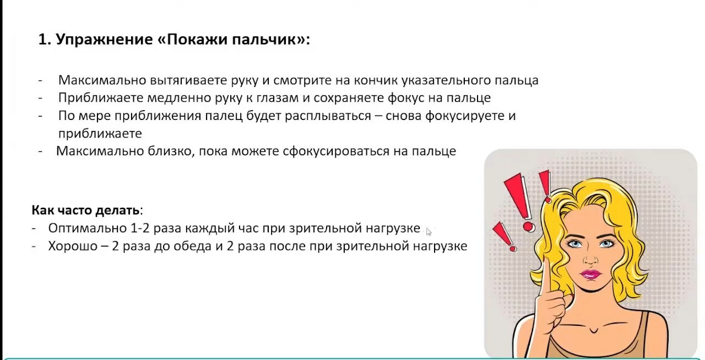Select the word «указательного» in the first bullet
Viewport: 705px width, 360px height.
(x=446, y=80)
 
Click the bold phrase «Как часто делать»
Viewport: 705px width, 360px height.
(x=85, y=210)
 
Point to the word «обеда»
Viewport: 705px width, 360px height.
(x=192, y=246)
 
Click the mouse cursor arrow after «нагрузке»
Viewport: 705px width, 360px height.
(x=429, y=232)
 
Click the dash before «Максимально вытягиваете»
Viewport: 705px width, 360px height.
(x=40, y=80)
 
